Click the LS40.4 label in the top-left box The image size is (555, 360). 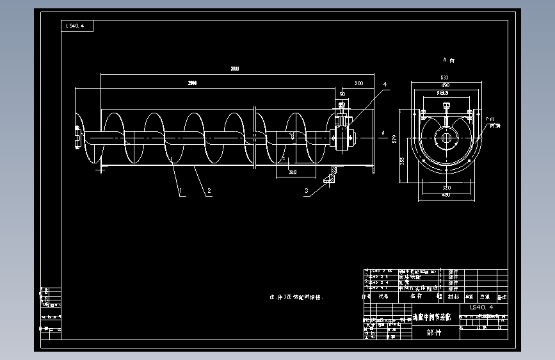pyautogui.click(x=77, y=26)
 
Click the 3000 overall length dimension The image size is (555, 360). pyautogui.click(x=235, y=69)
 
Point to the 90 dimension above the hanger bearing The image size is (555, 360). pyautogui.click(x=342, y=94)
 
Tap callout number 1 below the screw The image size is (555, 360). pyautogui.click(x=181, y=191)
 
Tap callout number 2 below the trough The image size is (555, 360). pyautogui.click(x=209, y=191)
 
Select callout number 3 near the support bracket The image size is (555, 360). pyautogui.click(x=306, y=191)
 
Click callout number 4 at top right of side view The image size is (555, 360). pyautogui.click(x=385, y=84)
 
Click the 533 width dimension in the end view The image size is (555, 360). pyautogui.click(x=444, y=78)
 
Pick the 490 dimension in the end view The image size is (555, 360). pyautogui.click(x=444, y=85)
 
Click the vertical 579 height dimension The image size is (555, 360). pyautogui.click(x=395, y=137)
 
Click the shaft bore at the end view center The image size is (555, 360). pyautogui.click(x=445, y=137)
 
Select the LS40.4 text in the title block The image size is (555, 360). pyautogui.click(x=481, y=307)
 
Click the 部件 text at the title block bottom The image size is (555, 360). pyautogui.click(x=433, y=332)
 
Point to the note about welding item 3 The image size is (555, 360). pyautogui.click(x=297, y=298)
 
